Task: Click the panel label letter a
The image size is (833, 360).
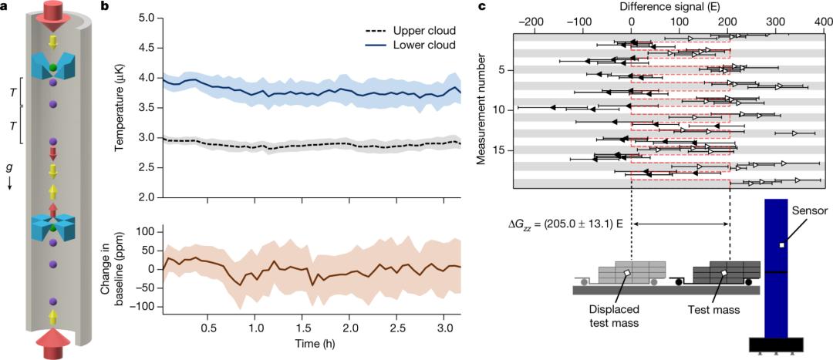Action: [x=5, y=6]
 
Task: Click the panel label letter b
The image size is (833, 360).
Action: [x=105, y=6]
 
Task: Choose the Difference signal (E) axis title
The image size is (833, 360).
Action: [x=669, y=6]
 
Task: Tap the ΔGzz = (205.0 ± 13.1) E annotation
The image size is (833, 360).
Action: [x=565, y=224]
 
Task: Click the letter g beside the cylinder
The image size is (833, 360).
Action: [x=8, y=167]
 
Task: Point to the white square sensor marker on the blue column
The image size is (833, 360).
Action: [x=781, y=245]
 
